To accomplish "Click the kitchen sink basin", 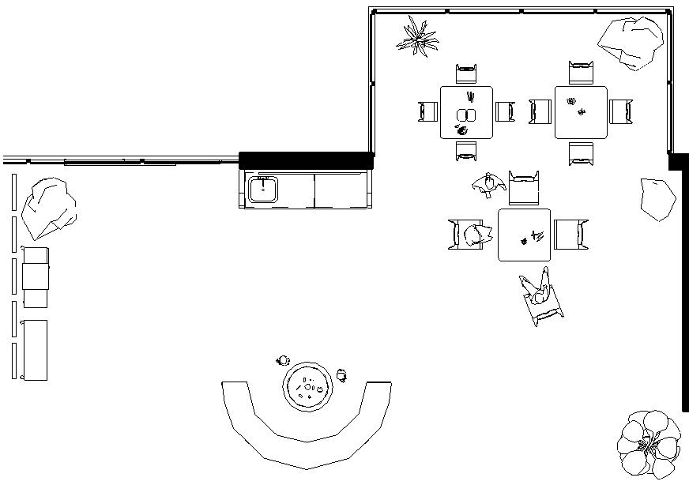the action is coord(263,190).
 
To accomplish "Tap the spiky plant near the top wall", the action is coord(417,36).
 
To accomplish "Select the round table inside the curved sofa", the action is coord(307,386).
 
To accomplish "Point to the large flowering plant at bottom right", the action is coord(649,444).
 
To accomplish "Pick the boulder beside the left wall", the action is coord(48,207).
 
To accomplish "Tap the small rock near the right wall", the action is coord(657,198).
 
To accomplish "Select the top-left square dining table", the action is coord(466,112).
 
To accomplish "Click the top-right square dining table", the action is coord(581,112).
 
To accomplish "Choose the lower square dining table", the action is coord(524,235).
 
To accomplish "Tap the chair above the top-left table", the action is coord(466,73).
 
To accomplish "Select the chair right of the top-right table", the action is coord(621,111).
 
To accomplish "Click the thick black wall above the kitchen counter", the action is coord(306,160).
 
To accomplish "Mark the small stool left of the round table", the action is coord(283,361).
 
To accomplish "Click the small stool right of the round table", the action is coord(341,374).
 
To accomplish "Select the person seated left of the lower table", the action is coord(473,235).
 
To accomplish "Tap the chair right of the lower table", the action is coord(570,235).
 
